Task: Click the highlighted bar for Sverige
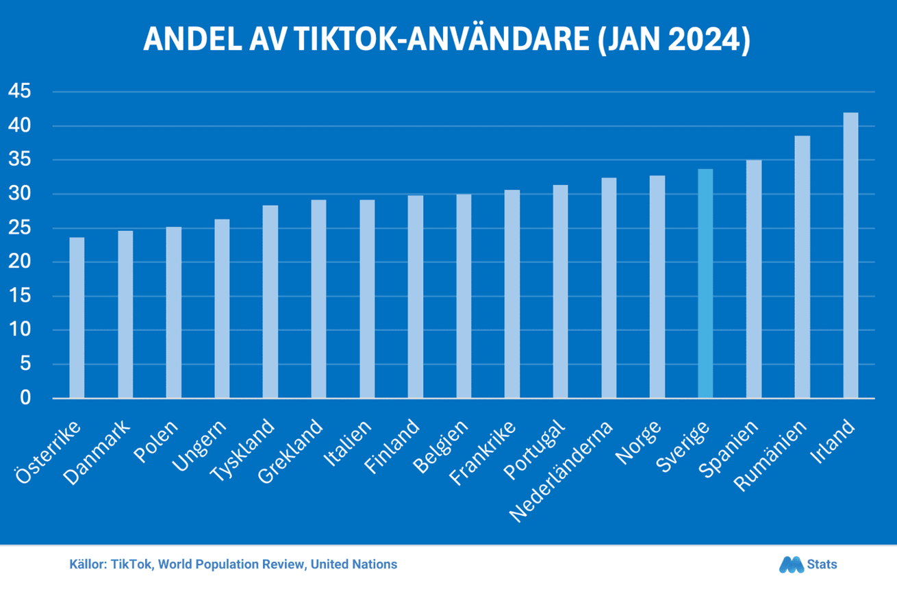pyautogui.click(x=705, y=284)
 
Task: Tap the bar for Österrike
pyautogui.click(x=77, y=318)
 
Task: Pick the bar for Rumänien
pyautogui.click(x=802, y=266)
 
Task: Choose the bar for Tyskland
pyautogui.click(x=270, y=301)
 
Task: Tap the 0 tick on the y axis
pyautogui.click(x=26, y=398)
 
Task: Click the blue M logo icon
pyautogui.click(x=791, y=564)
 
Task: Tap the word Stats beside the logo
pyautogui.click(x=822, y=564)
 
